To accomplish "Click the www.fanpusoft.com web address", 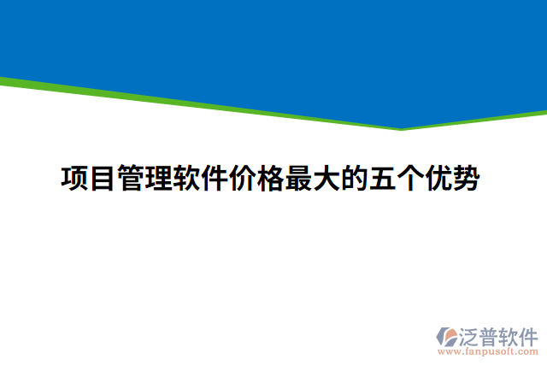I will [487, 351].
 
